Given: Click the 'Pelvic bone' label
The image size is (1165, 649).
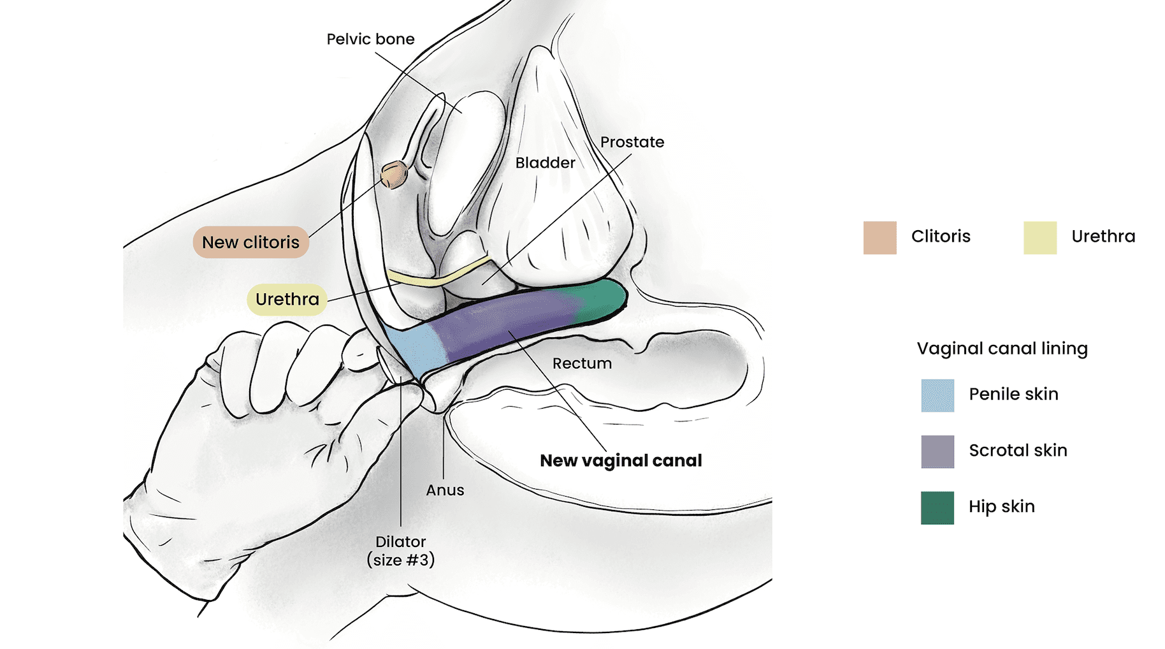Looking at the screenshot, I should tap(370, 40).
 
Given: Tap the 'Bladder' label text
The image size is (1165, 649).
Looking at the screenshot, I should tap(545, 163).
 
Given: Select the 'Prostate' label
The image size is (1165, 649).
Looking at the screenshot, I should tap(632, 142).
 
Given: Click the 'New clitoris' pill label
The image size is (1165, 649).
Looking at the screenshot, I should tap(250, 242).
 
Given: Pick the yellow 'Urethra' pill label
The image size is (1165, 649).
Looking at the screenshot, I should tap(287, 299).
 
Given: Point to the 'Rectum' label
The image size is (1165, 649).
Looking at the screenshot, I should tap(582, 363).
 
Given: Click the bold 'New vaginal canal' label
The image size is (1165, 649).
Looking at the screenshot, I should tap(621, 460).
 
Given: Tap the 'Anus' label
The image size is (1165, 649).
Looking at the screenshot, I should tap(445, 490).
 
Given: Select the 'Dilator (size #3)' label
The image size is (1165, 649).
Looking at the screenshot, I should tap(400, 551).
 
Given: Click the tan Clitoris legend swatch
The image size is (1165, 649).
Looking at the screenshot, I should tap(879, 238).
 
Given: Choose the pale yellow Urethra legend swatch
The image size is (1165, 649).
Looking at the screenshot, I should tap(1039, 238).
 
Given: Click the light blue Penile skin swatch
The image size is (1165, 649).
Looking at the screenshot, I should tap(937, 395).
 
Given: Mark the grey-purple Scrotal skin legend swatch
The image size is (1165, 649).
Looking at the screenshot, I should tap(937, 451).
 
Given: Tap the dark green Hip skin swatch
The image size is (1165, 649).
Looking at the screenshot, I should tap(937, 507).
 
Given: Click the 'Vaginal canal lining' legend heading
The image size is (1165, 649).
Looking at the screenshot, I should tap(1002, 349).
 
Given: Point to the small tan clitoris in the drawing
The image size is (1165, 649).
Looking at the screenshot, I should tap(394, 174).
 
